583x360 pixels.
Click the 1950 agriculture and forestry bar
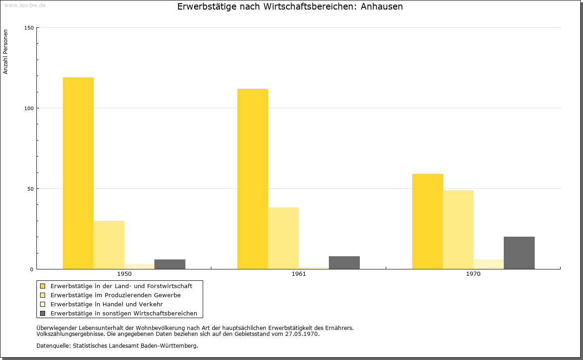coord(78,173)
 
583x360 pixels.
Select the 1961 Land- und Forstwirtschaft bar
coord(253,179)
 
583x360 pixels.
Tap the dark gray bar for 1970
coord(519,253)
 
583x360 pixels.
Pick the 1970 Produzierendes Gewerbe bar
coord(458,230)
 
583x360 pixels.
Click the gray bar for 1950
coord(170,264)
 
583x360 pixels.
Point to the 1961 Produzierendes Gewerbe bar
coord(283,238)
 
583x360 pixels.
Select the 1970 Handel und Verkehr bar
coord(489,264)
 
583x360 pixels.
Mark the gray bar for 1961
coord(344,263)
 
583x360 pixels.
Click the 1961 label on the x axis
coord(299,274)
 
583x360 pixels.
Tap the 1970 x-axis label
coord(473,274)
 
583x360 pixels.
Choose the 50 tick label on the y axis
coord(31,189)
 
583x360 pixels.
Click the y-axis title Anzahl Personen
coord(5,52)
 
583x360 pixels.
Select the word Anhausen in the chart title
coord(382,6)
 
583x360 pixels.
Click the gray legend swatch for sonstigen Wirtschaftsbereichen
coord(42,314)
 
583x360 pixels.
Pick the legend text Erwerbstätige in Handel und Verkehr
coord(107,304)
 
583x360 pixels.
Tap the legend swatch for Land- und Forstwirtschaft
coord(42,286)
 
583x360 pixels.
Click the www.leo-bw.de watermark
coord(25,5)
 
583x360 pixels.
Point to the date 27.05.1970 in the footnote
coord(302,334)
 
